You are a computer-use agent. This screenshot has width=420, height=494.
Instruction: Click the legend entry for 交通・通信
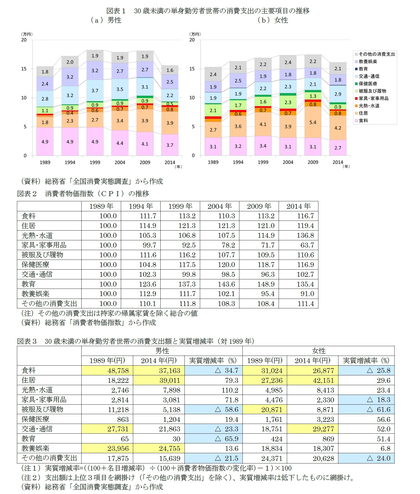pyautogui.click(x=369, y=76)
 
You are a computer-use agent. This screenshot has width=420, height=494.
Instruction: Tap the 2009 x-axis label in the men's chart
pyautogui.click(x=145, y=162)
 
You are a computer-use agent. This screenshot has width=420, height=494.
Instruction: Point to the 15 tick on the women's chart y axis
pyautogui.click(x=192, y=69)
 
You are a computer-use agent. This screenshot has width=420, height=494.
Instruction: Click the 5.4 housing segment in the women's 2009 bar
pyautogui.click(x=313, y=122)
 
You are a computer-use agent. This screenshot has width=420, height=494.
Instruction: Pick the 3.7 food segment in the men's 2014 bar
pyautogui.click(x=170, y=145)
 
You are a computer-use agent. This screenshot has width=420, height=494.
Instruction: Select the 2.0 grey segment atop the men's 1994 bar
pyautogui.click(x=70, y=62)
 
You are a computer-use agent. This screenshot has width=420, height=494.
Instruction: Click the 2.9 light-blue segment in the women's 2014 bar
pyautogui.click(x=338, y=94)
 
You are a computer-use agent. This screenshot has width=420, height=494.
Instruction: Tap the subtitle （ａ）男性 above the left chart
pyautogui.click(x=106, y=20)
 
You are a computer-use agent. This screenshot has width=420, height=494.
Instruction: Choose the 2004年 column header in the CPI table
pyautogui.click(x=219, y=206)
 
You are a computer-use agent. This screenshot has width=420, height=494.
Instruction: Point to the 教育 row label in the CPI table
pyautogui.click(x=28, y=284)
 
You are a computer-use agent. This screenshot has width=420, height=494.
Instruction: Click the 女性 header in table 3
pyautogui.click(x=318, y=351)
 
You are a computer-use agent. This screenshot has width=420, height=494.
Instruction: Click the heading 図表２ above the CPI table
pyautogui.click(x=27, y=194)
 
